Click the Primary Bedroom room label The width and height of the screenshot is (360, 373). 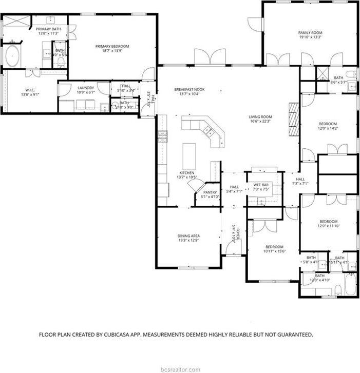coord(112,46)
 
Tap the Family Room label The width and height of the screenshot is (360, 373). coord(310,32)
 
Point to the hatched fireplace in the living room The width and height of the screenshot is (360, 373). coord(293,118)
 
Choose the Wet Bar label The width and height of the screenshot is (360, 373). coord(260,184)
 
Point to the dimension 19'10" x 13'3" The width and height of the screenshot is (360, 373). coord(310,37)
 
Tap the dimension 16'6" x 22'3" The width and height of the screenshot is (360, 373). coord(260,121)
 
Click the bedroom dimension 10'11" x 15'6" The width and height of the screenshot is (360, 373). coord(274,251)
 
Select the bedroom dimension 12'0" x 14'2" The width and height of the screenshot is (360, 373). coord(328,128)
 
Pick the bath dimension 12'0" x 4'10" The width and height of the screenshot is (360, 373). coord(320,281)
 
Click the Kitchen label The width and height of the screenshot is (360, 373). coord(186,172)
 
